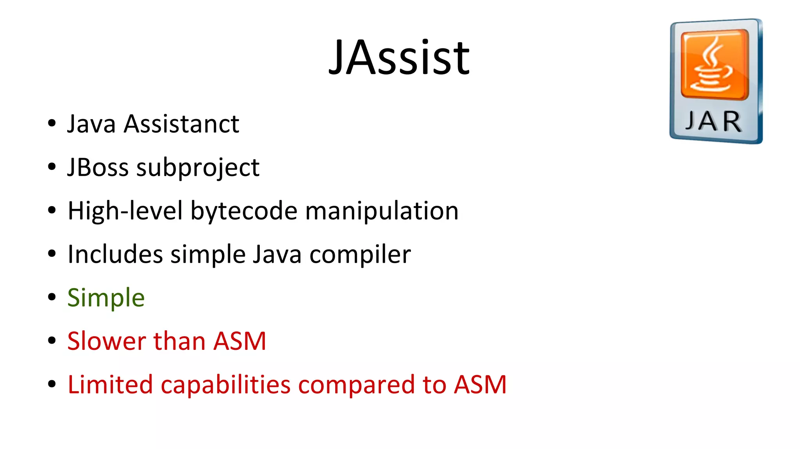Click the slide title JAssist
click(x=399, y=58)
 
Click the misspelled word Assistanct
click(x=181, y=124)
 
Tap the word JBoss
click(x=98, y=167)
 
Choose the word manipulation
click(x=382, y=211)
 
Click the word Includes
click(x=115, y=254)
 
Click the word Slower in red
click(x=107, y=341)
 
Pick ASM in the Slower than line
click(x=239, y=341)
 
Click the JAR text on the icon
click(x=713, y=121)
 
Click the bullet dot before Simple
click(x=52, y=298)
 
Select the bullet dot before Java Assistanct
click(x=52, y=124)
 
